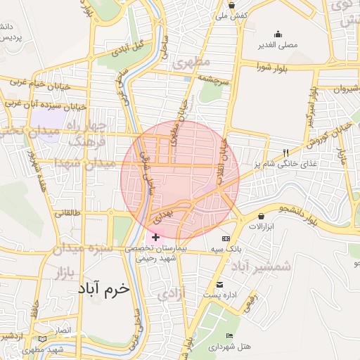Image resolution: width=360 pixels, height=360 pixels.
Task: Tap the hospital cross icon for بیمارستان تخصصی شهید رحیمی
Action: pos(155,238)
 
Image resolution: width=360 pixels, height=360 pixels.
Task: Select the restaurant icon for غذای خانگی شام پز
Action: pos(285,153)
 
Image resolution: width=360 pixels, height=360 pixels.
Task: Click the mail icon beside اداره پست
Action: pos(220,285)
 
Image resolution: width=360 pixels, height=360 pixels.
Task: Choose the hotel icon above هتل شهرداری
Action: pos(229,337)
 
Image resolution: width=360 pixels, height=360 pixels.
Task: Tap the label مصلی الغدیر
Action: pos(278,44)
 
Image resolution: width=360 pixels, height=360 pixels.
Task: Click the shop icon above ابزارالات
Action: pos(262,216)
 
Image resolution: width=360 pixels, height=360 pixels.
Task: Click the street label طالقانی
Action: pos(68,211)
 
